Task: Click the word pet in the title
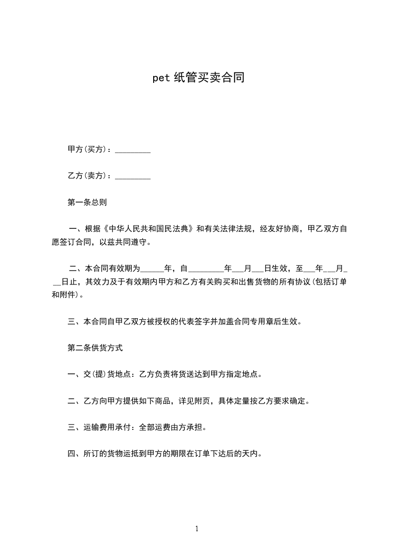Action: click(161, 78)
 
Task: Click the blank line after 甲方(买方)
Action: click(133, 150)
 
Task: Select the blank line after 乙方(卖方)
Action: click(133, 176)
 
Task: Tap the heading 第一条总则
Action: click(87, 203)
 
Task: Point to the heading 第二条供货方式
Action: click(95, 348)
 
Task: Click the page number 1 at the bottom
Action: click(197, 529)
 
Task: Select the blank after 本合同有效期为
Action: click(152, 270)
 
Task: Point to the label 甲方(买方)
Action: click(89, 149)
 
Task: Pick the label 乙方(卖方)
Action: click(89, 176)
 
